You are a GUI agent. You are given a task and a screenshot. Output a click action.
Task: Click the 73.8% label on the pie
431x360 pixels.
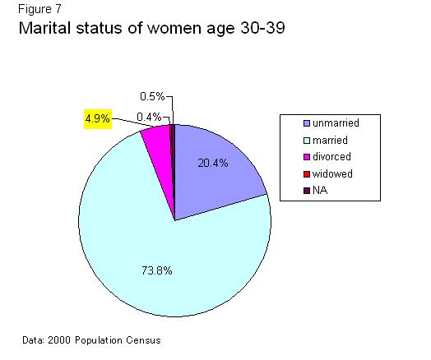click(157, 270)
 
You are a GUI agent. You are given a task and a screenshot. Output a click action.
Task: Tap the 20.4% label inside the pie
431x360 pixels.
click(213, 163)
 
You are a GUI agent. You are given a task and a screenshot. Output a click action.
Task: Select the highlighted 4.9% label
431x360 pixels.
click(98, 119)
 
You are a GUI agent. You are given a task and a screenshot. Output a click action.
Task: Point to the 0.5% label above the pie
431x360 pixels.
click(152, 96)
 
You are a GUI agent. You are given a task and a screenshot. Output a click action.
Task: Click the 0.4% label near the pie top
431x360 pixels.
click(149, 118)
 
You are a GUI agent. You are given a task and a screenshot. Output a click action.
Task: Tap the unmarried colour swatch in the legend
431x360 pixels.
click(307, 123)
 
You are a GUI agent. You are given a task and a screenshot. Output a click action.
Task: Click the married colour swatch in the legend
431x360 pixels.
click(307, 141)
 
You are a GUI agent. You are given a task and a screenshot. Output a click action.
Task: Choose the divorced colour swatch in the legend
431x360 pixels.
click(307, 157)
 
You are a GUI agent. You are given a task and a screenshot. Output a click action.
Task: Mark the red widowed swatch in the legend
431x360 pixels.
click(307, 174)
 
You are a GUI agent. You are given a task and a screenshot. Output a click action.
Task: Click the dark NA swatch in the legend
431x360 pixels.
click(307, 191)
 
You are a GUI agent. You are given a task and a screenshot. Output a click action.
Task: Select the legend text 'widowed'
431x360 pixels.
click(332, 173)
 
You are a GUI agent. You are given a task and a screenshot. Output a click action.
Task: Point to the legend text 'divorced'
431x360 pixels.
click(331, 157)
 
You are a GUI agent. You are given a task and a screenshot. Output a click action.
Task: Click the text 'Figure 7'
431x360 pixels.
click(39, 9)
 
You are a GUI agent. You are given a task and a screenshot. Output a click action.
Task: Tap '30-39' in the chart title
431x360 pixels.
click(262, 28)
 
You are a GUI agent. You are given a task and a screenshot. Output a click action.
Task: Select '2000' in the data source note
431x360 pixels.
click(59, 340)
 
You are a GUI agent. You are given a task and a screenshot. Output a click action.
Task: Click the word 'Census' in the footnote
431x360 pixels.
click(143, 340)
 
